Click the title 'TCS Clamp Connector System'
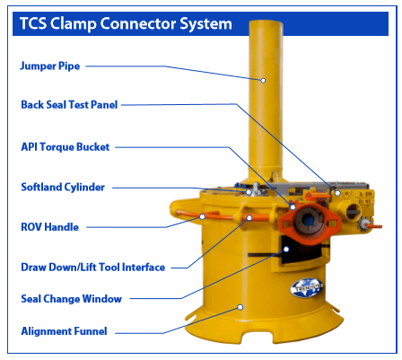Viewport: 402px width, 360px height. pos(126,23)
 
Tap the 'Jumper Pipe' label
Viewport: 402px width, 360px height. pos(50,66)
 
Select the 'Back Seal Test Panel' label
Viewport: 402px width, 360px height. pos(69,105)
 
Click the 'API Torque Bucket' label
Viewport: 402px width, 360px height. pos(66,147)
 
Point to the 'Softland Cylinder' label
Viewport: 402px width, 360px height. pos(63,187)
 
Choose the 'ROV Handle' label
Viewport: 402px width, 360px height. pos(49,227)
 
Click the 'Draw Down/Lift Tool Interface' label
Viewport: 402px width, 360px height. pos(92,268)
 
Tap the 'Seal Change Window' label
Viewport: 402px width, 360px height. pos(71,299)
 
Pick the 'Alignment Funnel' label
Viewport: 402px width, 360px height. pos(64,331)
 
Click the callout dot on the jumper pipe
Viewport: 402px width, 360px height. pos(263,80)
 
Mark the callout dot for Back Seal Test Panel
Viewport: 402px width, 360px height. pos(337,193)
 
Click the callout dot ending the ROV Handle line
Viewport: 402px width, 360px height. pos(202,216)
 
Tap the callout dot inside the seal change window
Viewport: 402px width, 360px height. pos(286,249)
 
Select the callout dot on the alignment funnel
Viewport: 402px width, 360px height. pos(240,307)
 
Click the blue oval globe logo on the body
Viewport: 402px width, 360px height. pos(307,288)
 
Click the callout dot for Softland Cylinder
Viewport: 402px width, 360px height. pos(249,192)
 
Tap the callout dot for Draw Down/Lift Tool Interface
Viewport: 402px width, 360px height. pos(249,217)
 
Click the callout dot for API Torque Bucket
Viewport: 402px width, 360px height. pos(293,206)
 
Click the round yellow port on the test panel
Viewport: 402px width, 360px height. pos(353,211)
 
